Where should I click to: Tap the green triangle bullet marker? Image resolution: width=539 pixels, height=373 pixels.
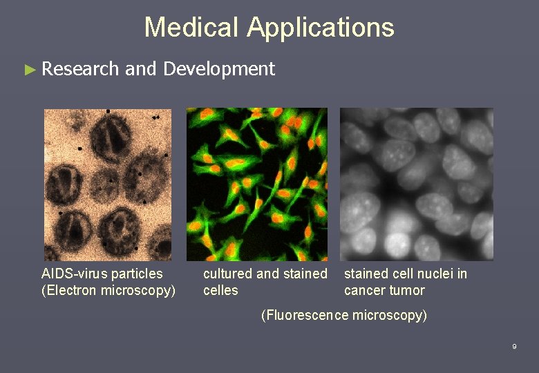click(28, 69)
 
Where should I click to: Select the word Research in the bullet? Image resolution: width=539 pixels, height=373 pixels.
click(80, 69)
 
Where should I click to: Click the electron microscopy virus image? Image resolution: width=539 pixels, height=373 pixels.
click(107, 184)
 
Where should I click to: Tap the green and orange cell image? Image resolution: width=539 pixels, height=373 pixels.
click(256, 184)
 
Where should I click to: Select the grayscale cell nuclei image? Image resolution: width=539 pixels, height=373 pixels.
click(417, 184)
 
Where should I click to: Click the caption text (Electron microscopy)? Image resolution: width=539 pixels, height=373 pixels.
click(108, 291)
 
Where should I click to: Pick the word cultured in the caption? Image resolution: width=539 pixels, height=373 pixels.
click(227, 274)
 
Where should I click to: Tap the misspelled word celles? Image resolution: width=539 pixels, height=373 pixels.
click(220, 291)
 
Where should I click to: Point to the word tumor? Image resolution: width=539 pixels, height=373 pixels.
click(407, 291)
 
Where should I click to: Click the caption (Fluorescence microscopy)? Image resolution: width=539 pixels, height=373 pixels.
click(344, 316)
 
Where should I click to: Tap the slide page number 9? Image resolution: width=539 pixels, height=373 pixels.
click(514, 347)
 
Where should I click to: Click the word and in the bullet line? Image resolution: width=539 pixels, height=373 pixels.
click(141, 69)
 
